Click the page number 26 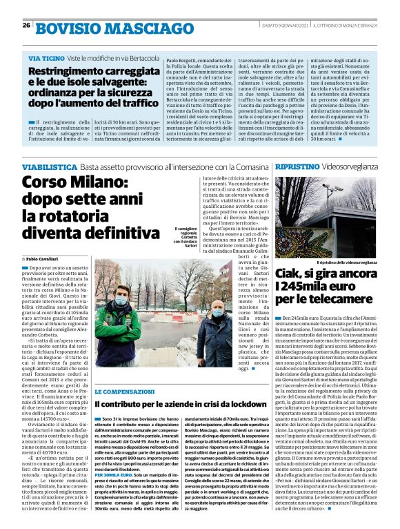(26, 26)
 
